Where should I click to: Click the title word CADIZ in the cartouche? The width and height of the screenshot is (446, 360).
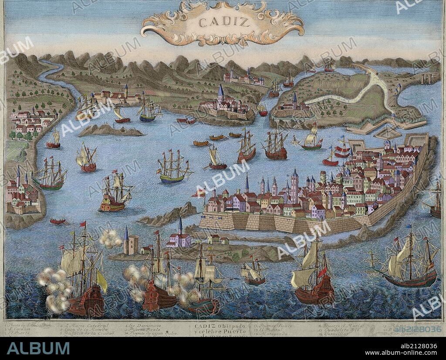click(222, 22)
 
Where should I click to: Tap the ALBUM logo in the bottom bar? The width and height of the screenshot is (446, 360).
click(38, 348)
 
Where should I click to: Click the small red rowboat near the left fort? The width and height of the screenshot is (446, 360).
click(57, 222)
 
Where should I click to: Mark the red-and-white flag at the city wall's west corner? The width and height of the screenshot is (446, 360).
click(199, 193)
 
